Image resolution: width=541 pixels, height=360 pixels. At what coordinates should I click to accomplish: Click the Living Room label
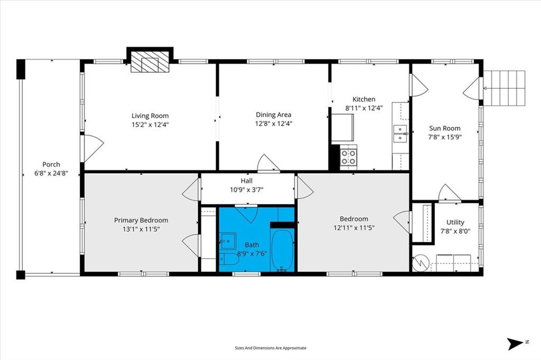tap(150, 116)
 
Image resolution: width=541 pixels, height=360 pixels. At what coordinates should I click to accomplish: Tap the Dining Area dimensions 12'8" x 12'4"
tap(274, 124)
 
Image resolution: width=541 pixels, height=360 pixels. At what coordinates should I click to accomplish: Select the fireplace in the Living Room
tap(150, 62)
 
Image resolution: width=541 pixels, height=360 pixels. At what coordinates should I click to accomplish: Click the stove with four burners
tap(349, 157)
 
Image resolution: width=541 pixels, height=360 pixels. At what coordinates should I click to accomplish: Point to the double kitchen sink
tap(400, 134)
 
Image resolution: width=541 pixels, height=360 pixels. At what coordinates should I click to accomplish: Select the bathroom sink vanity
tap(228, 240)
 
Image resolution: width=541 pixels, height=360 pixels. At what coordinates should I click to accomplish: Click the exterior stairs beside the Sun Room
tap(504, 88)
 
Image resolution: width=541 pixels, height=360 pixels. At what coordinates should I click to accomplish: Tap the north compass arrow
tap(516, 344)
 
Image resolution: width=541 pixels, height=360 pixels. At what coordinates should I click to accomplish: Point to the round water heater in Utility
tap(419, 263)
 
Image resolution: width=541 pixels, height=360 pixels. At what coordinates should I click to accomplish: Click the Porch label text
tap(51, 165)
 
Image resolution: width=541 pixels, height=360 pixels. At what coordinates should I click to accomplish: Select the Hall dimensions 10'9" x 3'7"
tap(246, 190)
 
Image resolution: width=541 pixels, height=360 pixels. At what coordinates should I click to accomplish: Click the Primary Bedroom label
tap(141, 220)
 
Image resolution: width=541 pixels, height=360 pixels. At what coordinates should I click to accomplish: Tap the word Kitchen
tap(363, 99)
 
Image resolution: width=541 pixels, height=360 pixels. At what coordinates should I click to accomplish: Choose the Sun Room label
tap(445, 128)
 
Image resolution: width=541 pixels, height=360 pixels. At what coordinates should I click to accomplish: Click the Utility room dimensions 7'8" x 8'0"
tap(455, 231)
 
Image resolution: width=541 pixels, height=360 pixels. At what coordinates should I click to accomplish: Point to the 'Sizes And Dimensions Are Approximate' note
tap(270, 348)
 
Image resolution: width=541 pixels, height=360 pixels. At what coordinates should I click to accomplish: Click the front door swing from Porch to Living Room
tap(92, 148)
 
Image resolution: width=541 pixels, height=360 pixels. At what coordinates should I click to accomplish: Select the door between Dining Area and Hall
tap(268, 163)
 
